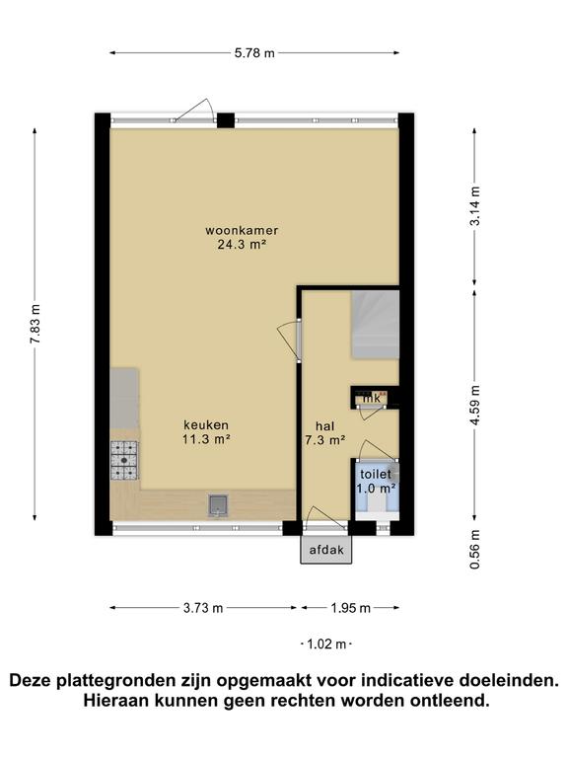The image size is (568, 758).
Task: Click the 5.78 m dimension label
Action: click(254, 52)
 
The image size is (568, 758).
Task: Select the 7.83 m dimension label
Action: click(35, 324)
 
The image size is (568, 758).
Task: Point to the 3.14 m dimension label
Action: click(475, 205)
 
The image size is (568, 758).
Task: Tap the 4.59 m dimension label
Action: click(475, 405)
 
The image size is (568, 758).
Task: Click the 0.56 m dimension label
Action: click(475, 549)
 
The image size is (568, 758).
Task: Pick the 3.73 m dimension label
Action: click(203, 608)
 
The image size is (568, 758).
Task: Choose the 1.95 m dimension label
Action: click(351, 608)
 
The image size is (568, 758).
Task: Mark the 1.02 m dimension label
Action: click(327, 644)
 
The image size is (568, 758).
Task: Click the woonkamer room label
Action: click(242, 230)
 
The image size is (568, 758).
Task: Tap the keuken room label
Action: click(206, 425)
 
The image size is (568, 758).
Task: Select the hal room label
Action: click(325, 426)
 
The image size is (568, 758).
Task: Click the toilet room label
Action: click(376, 474)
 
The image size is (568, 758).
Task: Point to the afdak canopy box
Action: click(326, 550)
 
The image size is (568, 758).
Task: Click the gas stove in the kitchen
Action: click(124, 461)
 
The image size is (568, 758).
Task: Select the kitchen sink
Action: click(218, 505)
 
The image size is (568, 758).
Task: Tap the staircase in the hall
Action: click(376, 325)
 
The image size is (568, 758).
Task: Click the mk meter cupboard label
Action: click(372, 399)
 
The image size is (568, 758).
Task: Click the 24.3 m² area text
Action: click(242, 244)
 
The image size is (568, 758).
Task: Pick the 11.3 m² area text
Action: click(206, 439)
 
